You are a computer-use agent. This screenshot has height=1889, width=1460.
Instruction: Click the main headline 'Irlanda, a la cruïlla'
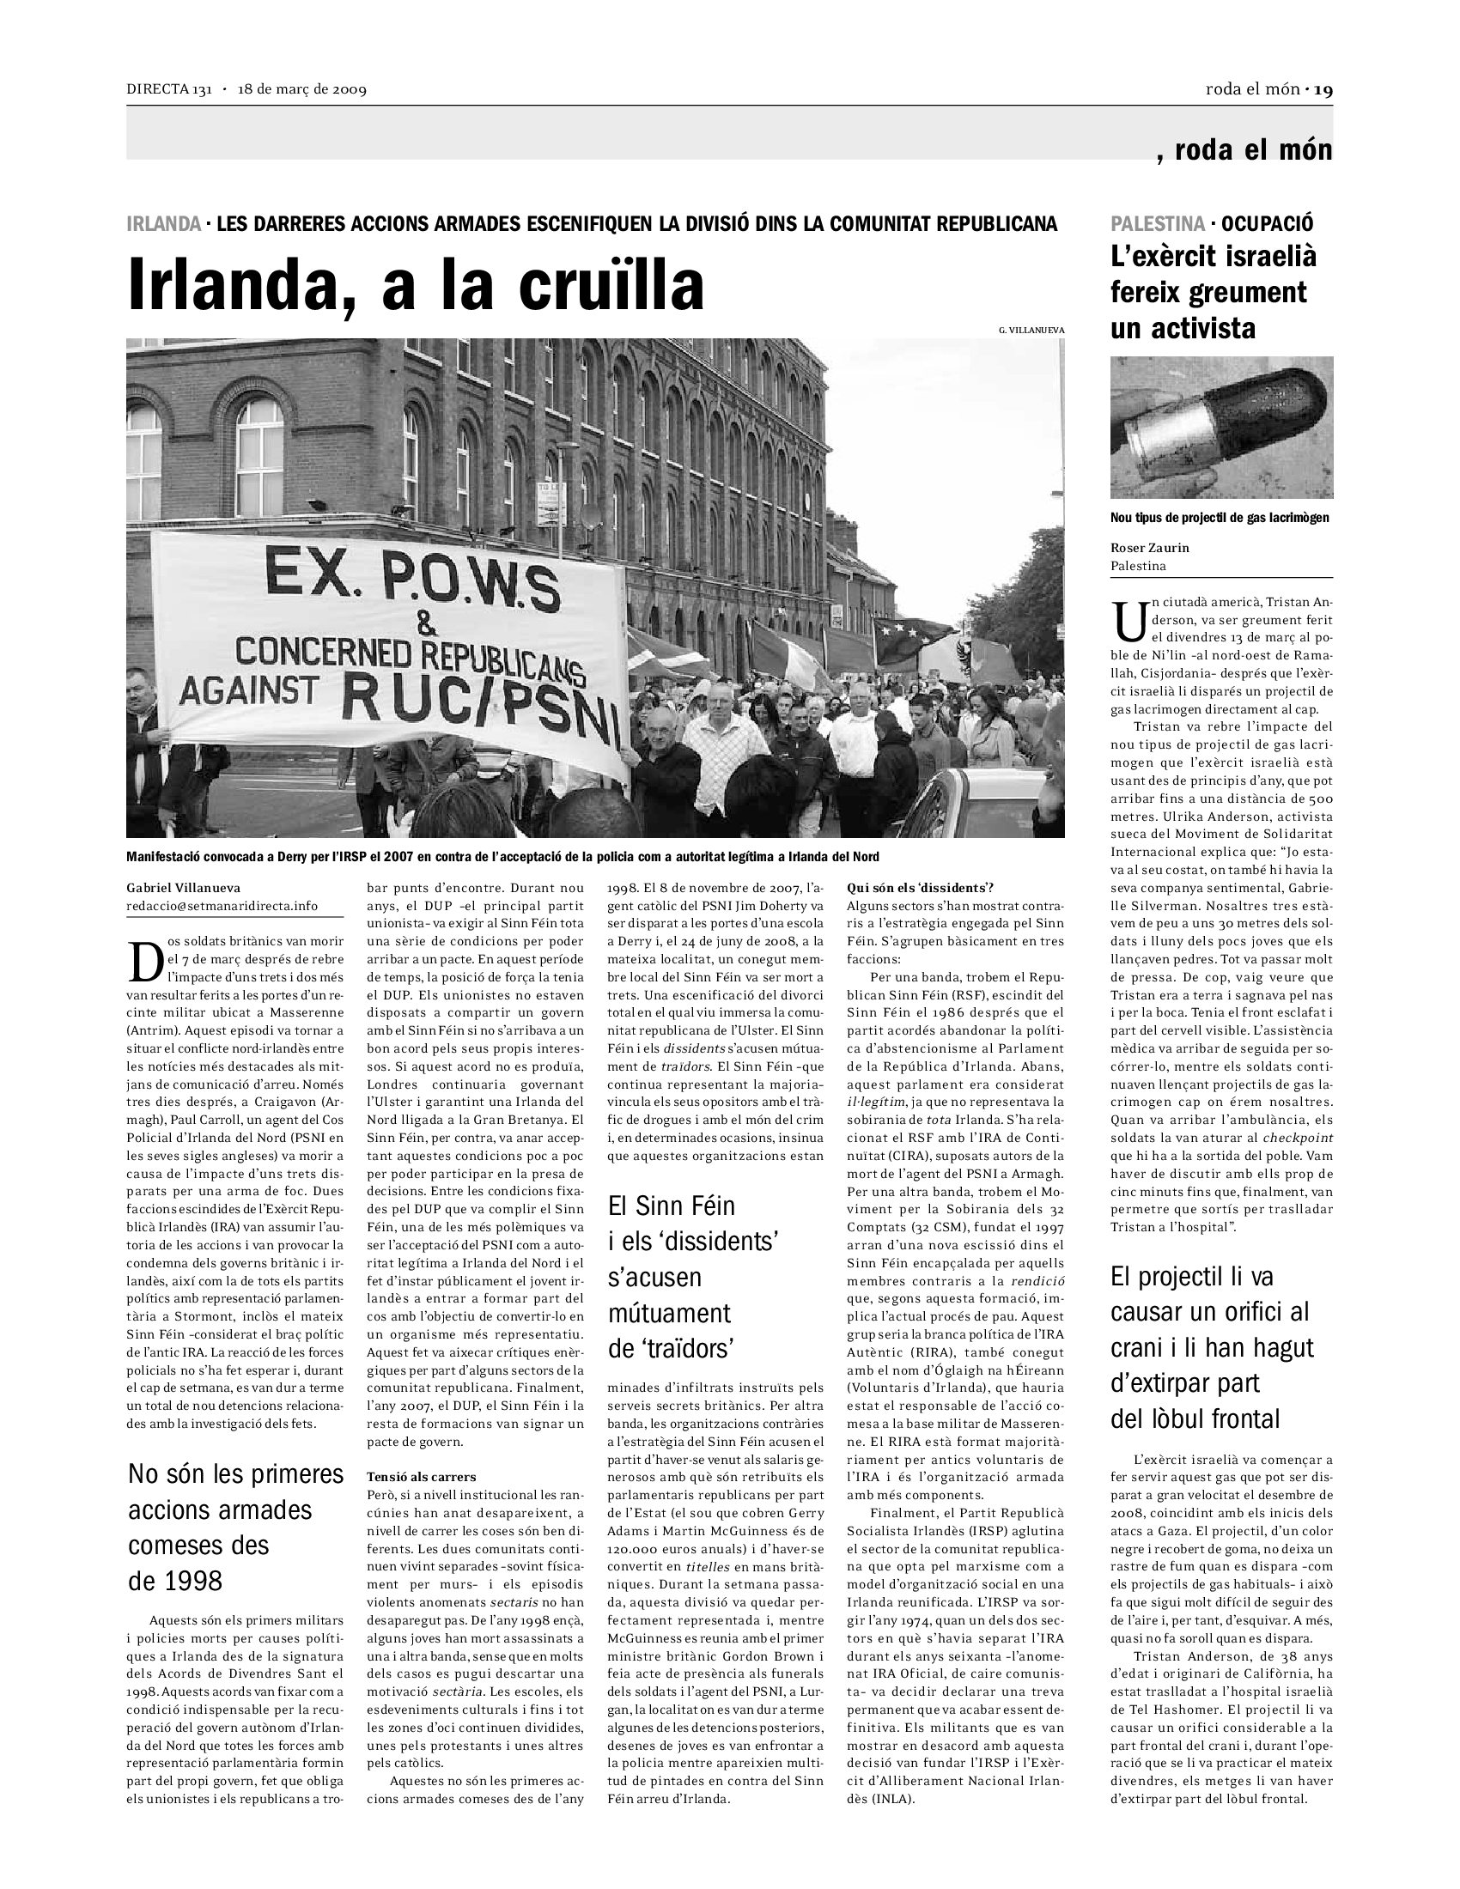coord(415,283)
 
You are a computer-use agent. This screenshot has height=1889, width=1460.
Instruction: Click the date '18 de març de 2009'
coord(302,90)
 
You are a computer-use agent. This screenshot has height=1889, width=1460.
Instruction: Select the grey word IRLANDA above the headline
coord(163,224)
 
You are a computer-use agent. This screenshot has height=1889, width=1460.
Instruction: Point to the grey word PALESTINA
coord(1158,223)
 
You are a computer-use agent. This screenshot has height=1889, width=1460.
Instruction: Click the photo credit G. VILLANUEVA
coord(1031,330)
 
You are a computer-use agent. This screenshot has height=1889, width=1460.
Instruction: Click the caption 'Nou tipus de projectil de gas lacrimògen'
coord(1220,518)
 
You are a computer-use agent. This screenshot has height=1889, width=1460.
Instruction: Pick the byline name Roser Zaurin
coord(1149,548)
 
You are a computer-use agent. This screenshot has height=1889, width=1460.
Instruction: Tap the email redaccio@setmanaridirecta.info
coord(222,906)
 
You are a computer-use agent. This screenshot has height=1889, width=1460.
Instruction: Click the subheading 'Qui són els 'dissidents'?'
coord(921,888)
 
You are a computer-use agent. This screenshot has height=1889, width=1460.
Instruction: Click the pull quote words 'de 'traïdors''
coord(672,1348)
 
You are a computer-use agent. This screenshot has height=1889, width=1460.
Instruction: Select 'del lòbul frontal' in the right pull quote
coord(1195,1418)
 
